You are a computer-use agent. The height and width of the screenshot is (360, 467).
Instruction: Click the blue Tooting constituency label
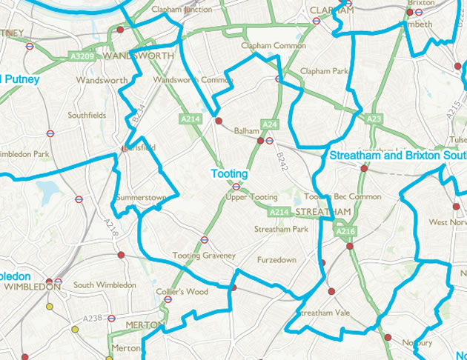(229, 173)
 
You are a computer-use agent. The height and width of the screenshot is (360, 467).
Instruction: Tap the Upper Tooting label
(252, 198)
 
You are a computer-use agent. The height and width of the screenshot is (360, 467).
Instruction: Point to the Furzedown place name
(275, 261)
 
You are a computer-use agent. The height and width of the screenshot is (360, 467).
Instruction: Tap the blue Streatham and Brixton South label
(396, 156)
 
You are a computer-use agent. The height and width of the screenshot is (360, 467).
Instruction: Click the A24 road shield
(269, 124)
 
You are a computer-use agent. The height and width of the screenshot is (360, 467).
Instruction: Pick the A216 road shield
(345, 232)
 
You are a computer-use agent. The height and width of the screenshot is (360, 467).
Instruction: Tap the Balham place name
(244, 131)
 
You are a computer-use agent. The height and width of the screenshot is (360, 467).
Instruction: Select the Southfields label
(87, 116)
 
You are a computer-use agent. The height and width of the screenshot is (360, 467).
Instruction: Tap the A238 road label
(92, 318)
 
